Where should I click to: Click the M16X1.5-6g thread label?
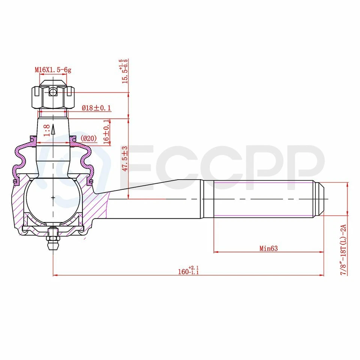[53, 70]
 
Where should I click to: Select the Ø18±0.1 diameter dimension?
[96, 108]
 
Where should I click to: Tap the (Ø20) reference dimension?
[88, 138]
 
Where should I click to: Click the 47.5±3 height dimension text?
[125, 158]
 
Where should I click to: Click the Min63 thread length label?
[268, 248]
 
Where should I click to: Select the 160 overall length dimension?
[189, 271]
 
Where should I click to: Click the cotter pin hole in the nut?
[54, 91]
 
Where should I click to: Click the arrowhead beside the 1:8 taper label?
[53, 129]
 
